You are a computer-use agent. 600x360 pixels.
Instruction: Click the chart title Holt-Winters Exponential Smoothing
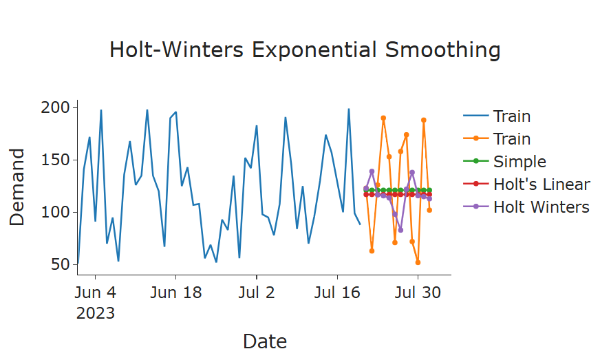(x=305, y=50)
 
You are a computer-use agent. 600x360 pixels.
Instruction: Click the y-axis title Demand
(x=17, y=187)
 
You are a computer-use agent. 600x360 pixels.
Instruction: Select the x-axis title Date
(x=265, y=341)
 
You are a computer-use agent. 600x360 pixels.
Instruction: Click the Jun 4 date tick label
(x=95, y=293)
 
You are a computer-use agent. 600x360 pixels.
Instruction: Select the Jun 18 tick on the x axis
(x=175, y=293)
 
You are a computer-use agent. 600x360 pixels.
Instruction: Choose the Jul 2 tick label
(x=256, y=293)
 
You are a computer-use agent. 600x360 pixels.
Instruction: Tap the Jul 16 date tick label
(x=336, y=293)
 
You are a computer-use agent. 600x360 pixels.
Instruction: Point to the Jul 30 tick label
(x=417, y=293)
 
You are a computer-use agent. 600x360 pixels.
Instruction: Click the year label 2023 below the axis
(x=95, y=314)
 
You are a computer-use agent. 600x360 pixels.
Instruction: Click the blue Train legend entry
(x=511, y=117)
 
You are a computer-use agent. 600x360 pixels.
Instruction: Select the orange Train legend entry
(x=511, y=139)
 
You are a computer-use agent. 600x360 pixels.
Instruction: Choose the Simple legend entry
(x=519, y=162)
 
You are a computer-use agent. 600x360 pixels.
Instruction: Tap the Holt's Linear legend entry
(x=541, y=184)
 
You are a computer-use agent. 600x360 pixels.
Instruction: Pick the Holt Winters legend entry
(x=541, y=207)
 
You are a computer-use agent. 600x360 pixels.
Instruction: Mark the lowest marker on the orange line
(x=418, y=262)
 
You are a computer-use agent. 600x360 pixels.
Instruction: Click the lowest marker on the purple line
(x=400, y=230)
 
